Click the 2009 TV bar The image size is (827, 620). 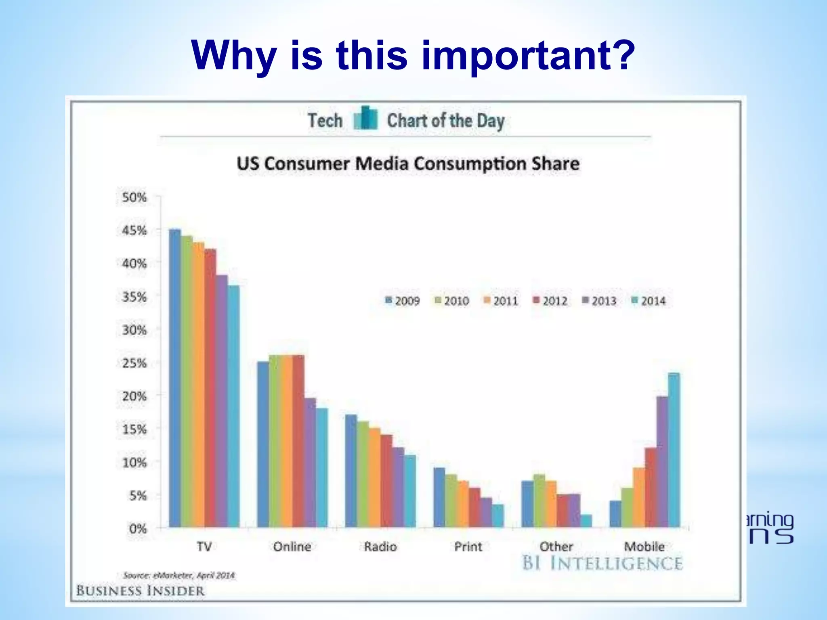click(175, 378)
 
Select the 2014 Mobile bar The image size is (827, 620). click(674, 450)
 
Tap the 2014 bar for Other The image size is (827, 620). click(586, 520)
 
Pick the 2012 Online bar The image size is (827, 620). click(298, 441)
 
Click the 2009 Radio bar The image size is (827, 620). click(351, 471)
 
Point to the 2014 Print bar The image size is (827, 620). click(498, 515)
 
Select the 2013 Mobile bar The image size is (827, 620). click(662, 461)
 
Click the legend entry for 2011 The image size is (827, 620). click(500, 301)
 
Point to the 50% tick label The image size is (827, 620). click(134, 197)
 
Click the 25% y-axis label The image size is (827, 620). click(134, 363)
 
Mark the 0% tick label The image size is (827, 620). click(137, 529)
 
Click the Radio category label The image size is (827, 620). click(380, 547)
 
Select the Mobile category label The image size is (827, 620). click(644, 547)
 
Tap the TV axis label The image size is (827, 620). click(204, 547)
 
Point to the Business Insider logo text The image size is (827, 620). click(140, 591)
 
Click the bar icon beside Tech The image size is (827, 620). click(365, 119)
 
